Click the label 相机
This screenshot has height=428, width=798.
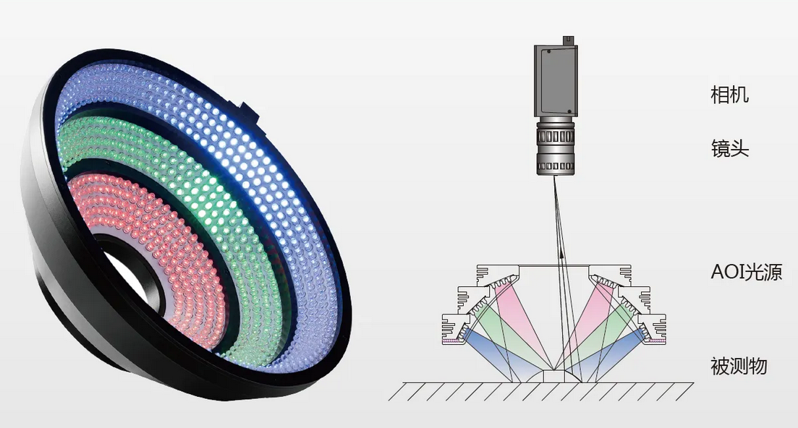click(x=729, y=95)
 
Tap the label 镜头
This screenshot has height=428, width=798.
click(x=729, y=148)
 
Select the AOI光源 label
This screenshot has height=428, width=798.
click(x=746, y=273)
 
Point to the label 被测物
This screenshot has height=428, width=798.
click(x=739, y=366)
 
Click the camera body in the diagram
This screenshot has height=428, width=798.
click(x=556, y=80)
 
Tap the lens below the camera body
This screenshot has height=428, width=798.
click(x=555, y=146)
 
